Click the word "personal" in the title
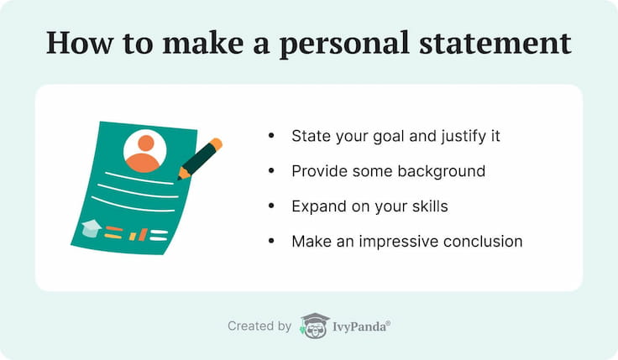pyautogui.click(x=344, y=44)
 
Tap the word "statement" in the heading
pyautogui.click(x=495, y=43)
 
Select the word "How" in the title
pyautogui.click(x=80, y=43)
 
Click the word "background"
pyautogui.click(x=442, y=171)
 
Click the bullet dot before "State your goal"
pyautogui.click(x=271, y=136)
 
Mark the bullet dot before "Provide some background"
pyautogui.click(x=271, y=171)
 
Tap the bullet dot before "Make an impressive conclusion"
pyautogui.click(x=271, y=241)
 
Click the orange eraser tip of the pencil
pyautogui.click(x=216, y=144)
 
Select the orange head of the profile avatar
pyautogui.click(x=146, y=143)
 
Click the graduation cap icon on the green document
pyautogui.click(x=92, y=228)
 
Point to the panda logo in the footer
pyautogui.click(x=315, y=326)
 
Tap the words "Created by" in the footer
pyautogui.click(x=259, y=326)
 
